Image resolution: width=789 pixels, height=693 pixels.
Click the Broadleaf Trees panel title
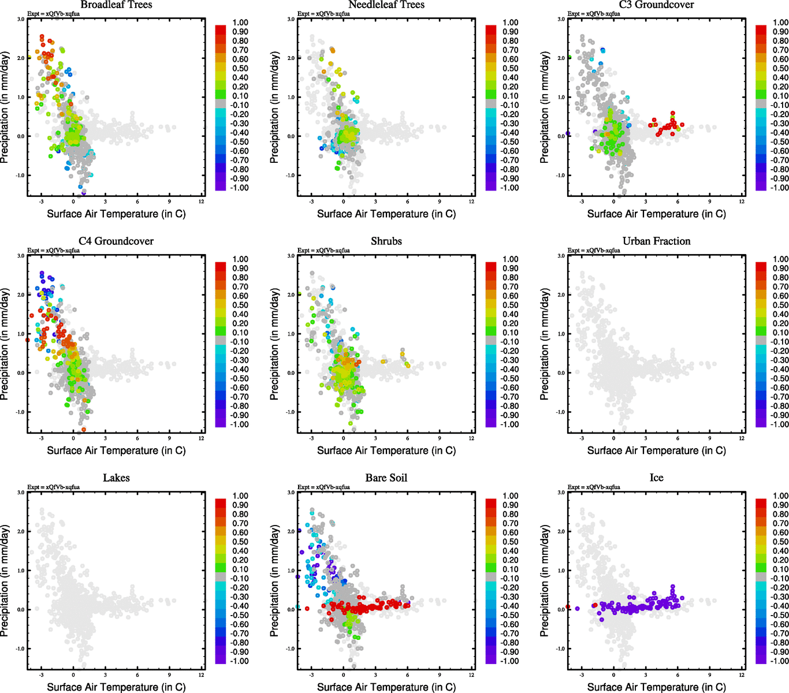tap(116, 5)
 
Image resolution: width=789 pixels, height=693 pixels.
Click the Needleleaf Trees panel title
tap(386, 5)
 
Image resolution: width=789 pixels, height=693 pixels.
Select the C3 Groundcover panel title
tap(656, 5)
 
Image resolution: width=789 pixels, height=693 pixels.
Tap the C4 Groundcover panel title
tap(116, 241)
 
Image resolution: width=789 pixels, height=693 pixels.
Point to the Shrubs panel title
tap(386, 241)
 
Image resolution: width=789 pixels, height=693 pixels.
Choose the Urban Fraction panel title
tap(656, 241)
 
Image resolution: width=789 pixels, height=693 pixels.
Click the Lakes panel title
tap(116, 478)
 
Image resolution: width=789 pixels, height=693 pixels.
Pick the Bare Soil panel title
tap(386, 478)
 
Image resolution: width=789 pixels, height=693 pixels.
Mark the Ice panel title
tap(656, 478)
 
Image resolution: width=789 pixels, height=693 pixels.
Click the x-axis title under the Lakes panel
tap(116, 687)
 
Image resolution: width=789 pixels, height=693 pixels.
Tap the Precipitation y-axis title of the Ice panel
tap(545, 581)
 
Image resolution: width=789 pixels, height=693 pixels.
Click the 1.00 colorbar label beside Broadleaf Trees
tap(240, 23)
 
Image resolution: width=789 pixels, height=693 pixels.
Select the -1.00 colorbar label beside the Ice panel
tap(780, 661)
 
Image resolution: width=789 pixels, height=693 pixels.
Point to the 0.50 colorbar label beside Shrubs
tap(511, 305)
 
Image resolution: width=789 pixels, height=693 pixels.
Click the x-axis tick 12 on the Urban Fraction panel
tap(742, 438)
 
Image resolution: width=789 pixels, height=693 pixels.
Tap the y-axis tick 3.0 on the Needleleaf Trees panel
tap(291, 19)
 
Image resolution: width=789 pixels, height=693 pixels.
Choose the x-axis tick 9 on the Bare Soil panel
tap(440, 675)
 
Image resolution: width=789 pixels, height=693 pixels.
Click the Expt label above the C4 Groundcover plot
tap(53, 251)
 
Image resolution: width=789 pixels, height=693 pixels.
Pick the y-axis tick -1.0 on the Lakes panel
tap(20, 649)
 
